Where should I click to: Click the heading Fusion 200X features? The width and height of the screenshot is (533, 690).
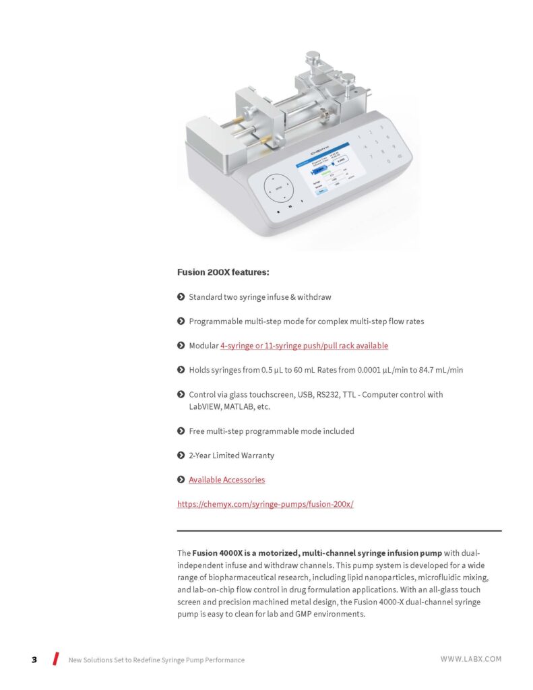(x=223, y=272)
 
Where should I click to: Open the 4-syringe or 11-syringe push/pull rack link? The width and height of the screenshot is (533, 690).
(x=304, y=346)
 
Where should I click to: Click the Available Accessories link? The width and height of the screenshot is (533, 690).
(x=226, y=480)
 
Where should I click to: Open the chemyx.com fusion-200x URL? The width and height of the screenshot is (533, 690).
(x=265, y=504)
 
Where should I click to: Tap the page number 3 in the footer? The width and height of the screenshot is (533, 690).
(x=34, y=660)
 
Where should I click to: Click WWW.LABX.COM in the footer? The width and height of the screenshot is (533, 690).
(x=471, y=659)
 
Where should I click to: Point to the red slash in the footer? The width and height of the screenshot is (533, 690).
(x=56, y=659)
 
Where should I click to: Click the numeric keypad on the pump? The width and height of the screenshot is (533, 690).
(x=381, y=143)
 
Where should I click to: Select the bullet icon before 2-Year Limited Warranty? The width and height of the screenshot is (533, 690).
(x=181, y=456)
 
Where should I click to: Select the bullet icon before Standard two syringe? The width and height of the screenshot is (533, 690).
(x=181, y=296)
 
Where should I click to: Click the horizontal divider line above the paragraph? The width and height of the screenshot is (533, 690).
(x=339, y=531)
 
